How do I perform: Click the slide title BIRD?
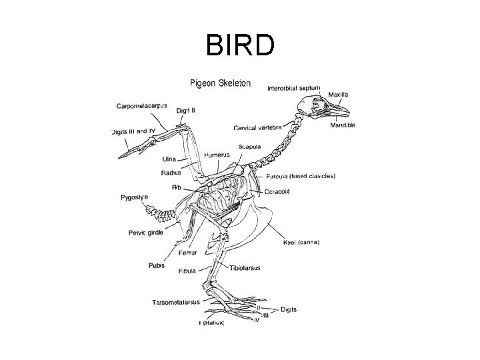pos(240,46)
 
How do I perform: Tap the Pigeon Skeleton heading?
pos(220,83)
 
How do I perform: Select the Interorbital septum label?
pos(293,88)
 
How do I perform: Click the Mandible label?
pos(343,125)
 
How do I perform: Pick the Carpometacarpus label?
pos(142,106)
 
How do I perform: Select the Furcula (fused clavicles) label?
pos(301,176)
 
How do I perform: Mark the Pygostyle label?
pos(134,197)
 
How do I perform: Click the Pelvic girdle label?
pos(146,233)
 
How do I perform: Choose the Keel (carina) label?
pos(301,242)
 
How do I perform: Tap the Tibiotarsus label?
pos(245,267)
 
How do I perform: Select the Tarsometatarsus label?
pos(176,302)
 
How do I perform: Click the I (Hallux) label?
pos(211,323)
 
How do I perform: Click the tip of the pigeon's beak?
pos(349,110)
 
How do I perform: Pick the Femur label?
pos(187,253)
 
